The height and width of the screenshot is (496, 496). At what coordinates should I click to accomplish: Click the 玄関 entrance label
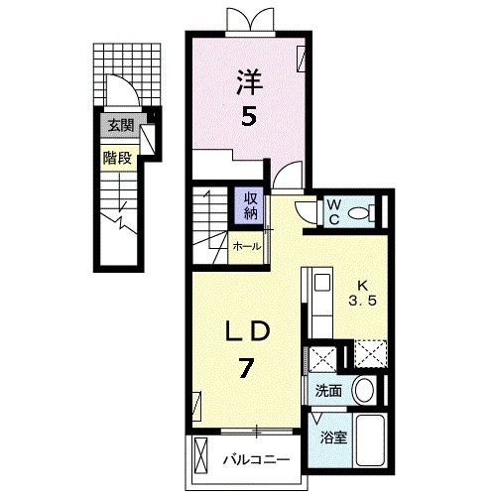pyautogui.click(x=121, y=126)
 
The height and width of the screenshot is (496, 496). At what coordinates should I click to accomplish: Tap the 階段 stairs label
pyautogui.click(x=117, y=158)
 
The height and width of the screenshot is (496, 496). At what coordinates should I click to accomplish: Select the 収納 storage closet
pyautogui.click(x=249, y=205)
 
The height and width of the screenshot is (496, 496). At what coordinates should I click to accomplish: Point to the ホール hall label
pyautogui.click(x=247, y=246)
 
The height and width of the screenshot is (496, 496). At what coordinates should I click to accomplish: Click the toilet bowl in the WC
pyautogui.click(x=359, y=213)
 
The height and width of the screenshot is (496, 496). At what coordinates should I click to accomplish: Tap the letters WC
pyautogui.click(x=334, y=212)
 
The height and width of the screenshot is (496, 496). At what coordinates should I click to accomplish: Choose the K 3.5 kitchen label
pyautogui.click(x=363, y=293)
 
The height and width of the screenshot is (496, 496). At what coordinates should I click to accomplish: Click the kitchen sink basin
pyautogui.click(x=321, y=283)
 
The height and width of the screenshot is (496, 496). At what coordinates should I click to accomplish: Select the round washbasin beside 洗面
pyautogui.click(x=364, y=390)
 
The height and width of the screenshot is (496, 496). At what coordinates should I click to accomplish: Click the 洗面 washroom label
pyautogui.click(x=328, y=391)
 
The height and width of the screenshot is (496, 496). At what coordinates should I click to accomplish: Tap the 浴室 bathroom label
pyautogui.click(x=333, y=438)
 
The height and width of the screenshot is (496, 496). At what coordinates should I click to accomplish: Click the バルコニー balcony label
pyautogui.click(x=256, y=460)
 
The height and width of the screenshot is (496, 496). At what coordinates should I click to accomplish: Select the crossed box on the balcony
pyautogui.click(x=200, y=457)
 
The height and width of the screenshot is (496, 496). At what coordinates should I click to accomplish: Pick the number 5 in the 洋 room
pyautogui.click(x=248, y=116)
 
